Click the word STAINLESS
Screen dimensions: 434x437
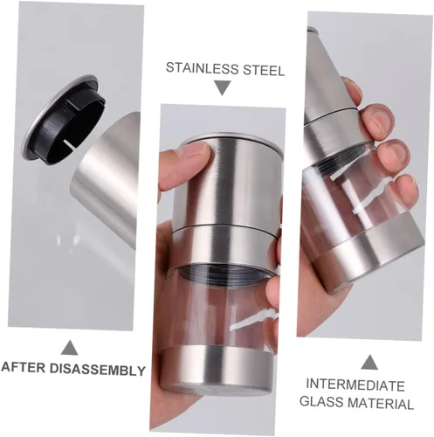click(202, 68)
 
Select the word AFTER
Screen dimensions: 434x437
click(24, 367)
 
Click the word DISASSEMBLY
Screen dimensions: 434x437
click(98, 370)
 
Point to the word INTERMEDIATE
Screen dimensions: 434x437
click(355, 385)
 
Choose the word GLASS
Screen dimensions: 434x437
click(321, 401)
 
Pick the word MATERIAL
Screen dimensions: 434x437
click(381, 404)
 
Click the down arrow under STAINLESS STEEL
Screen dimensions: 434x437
click(223, 87)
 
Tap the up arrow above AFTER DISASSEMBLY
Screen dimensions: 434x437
click(70, 347)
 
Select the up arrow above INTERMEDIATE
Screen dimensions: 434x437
click(369, 362)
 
